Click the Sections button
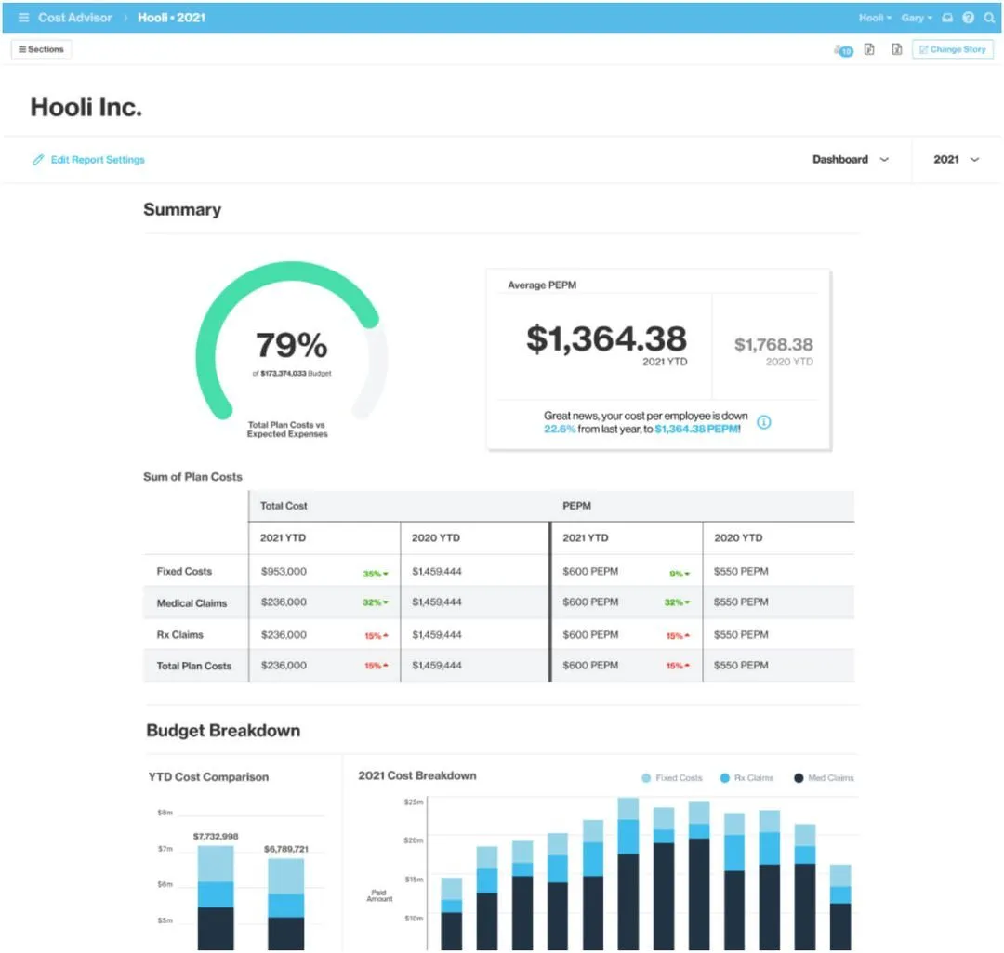pyautogui.click(x=41, y=49)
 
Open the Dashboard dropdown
pyautogui.click(x=850, y=160)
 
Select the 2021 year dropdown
pyautogui.click(x=956, y=160)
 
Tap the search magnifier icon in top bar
pyautogui.click(x=988, y=18)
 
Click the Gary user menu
pyautogui.click(x=916, y=18)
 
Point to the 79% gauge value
pyautogui.click(x=291, y=345)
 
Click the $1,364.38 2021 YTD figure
pyautogui.click(x=606, y=338)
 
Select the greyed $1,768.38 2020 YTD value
pyautogui.click(x=773, y=345)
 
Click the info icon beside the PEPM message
pyautogui.click(x=764, y=422)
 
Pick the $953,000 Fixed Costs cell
pyautogui.click(x=284, y=572)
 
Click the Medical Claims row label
pyautogui.click(x=192, y=603)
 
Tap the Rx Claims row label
pyautogui.click(x=179, y=635)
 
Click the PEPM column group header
pyautogui.click(x=576, y=506)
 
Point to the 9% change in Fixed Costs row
pyautogui.click(x=678, y=574)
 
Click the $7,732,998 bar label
pyautogui.click(x=216, y=836)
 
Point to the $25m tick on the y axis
pyautogui.click(x=414, y=801)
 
